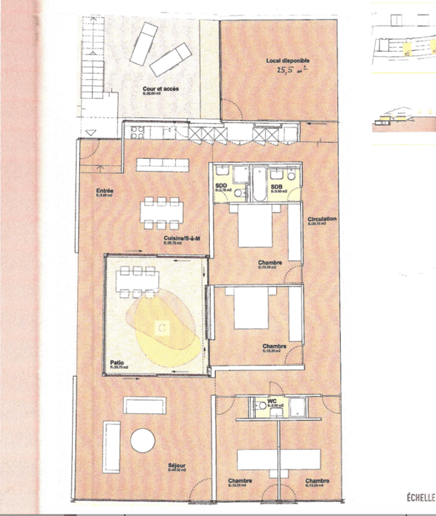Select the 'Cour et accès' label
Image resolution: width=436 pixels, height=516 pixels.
[x=161, y=90]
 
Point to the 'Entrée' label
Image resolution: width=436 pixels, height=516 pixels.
[x=105, y=193]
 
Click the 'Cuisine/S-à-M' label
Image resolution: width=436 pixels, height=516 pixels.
[x=181, y=245]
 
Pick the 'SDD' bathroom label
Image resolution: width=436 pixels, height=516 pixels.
[x=221, y=187]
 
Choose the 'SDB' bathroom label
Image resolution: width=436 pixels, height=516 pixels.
[x=277, y=186]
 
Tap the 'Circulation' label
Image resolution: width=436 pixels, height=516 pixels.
[x=321, y=219]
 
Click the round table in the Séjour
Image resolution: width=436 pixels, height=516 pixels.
[x=142, y=441]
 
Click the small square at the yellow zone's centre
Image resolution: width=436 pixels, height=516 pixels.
[x=163, y=327]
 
